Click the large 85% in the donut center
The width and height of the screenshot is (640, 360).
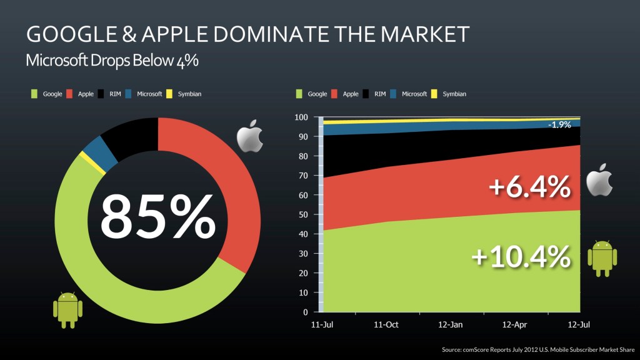[157, 216]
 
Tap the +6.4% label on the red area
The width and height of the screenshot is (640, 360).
[530, 187]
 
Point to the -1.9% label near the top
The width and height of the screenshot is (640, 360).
[559, 124]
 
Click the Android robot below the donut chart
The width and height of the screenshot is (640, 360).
[67, 309]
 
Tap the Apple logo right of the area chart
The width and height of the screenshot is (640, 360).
[599, 181]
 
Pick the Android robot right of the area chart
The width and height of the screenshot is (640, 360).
[602, 257]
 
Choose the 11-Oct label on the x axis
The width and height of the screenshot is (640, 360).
[386, 325]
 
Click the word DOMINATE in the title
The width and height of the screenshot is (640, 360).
[289, 34]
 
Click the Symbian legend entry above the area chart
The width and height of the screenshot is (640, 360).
[454, 94]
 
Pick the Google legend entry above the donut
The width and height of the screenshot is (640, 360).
[52, 94]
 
